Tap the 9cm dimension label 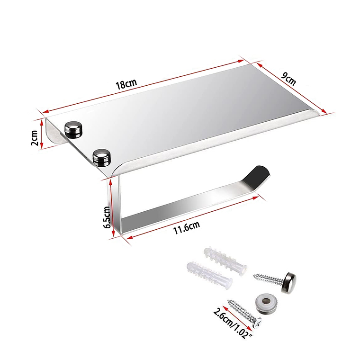click(288, 77)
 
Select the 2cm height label click(34, 138)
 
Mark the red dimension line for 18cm click(142, 87)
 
